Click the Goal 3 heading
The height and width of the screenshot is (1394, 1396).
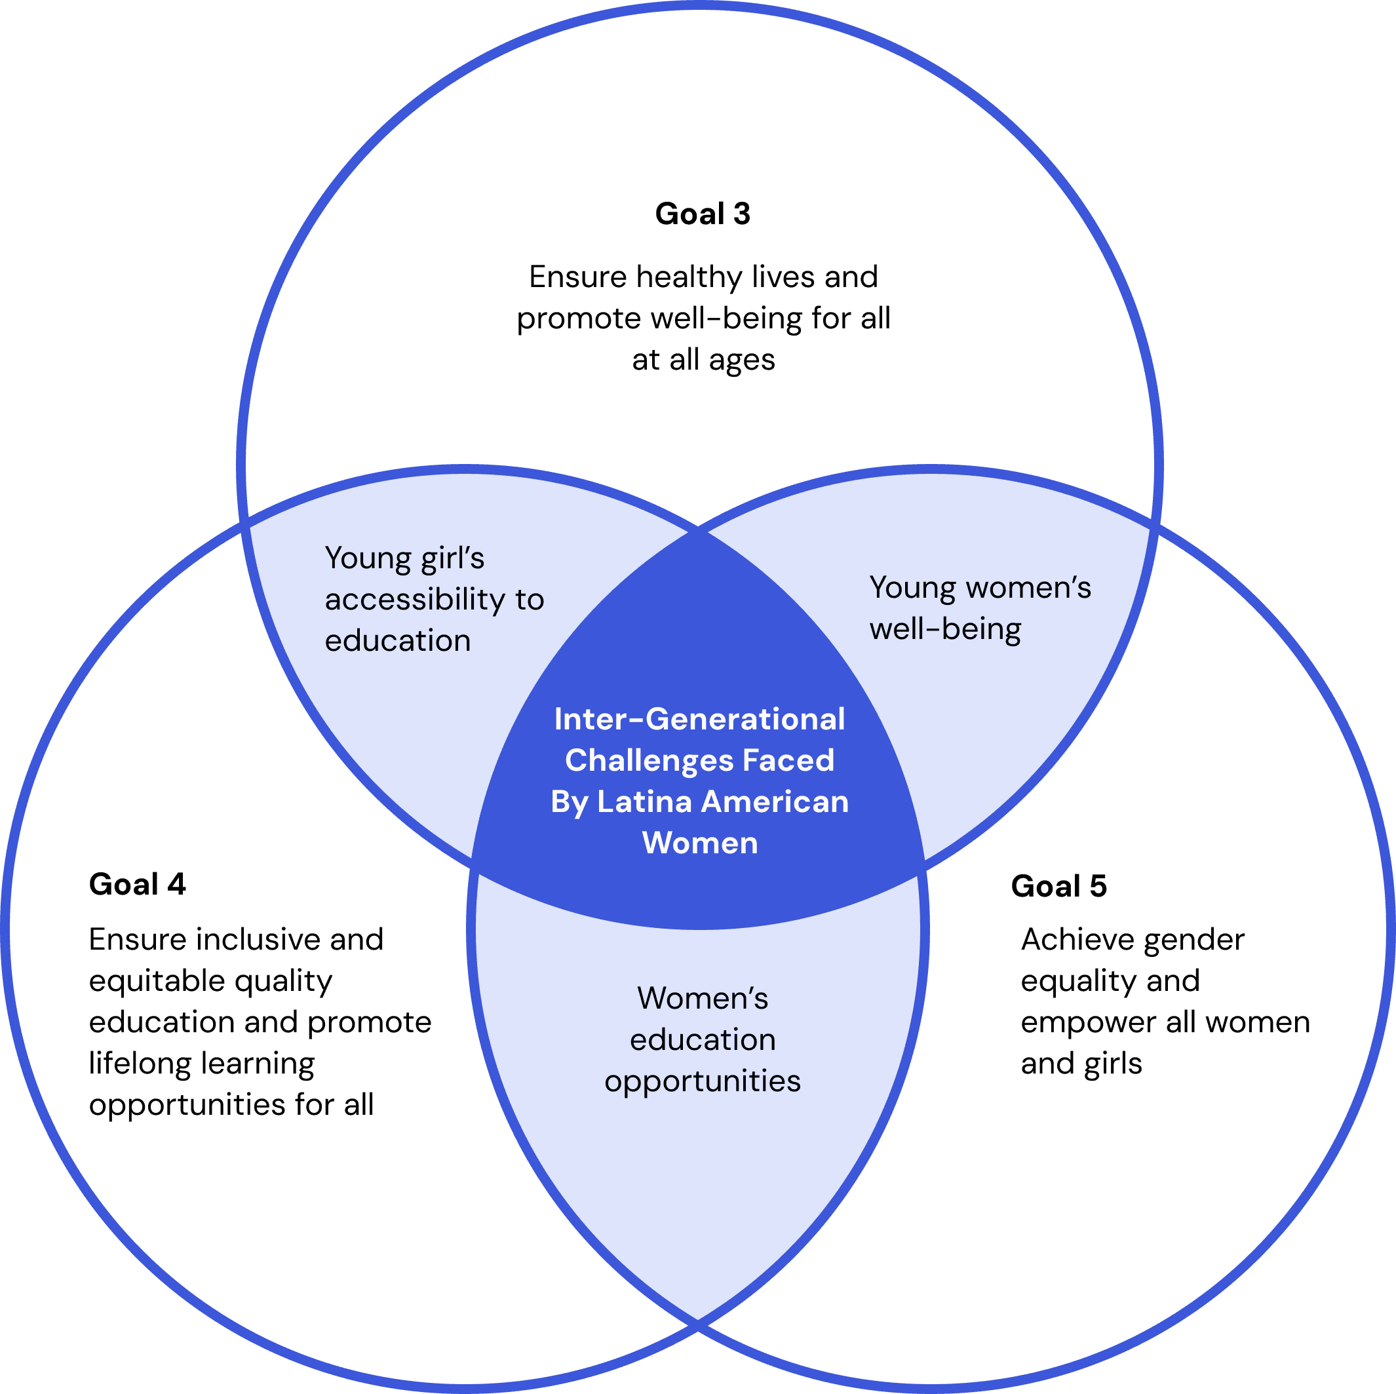pos(703,214)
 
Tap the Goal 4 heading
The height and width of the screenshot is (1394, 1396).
pos(137,885)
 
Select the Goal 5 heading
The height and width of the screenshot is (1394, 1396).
pos(1058,886)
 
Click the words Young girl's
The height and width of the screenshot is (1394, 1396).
pos(404,558)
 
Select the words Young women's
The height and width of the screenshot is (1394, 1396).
pos(980,587)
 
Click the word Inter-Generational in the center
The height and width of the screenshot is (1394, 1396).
pos(699,719)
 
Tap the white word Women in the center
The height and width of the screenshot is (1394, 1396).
pos(700,843)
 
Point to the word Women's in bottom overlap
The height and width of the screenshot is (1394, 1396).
pos(703,999)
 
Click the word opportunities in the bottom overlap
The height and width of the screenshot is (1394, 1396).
pos(703,1082)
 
